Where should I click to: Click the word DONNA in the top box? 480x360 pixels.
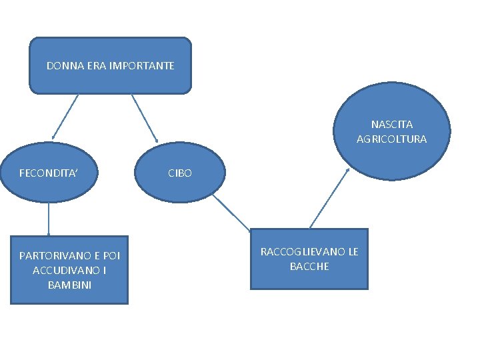coord(62,66)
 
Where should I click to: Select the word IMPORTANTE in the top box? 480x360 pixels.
coord(141,66)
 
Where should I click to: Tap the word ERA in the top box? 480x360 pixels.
coord(93,66)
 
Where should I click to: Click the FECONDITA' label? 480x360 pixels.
coord(49,173)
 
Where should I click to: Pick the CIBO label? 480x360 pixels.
coord(180,173)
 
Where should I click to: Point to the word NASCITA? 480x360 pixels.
coord(392,125)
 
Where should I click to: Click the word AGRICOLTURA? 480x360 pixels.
coord(392,139)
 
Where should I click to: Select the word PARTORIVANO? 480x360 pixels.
coord(51,255)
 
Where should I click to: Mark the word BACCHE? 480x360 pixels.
coord(309,267)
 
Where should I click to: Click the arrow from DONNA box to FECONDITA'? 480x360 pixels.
coord(65,117)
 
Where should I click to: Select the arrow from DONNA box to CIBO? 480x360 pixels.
coord(145,119)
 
